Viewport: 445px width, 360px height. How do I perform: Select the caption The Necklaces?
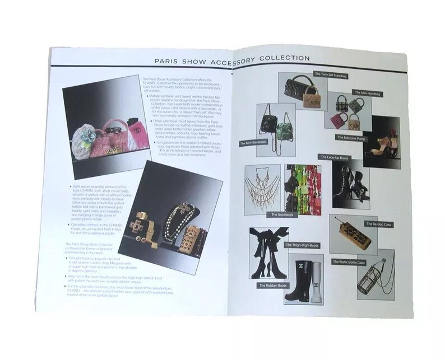(x=277, y=214)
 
